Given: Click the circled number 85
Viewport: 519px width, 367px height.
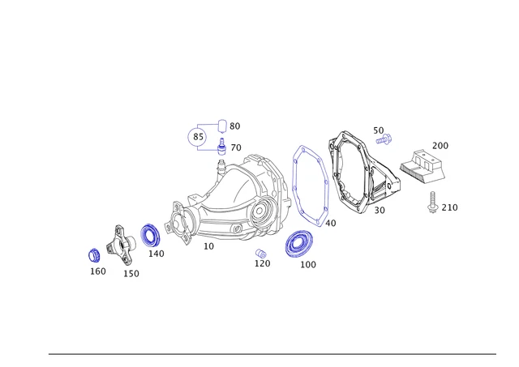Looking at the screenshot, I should pos(199,137).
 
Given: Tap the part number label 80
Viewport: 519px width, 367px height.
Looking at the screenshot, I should pos(234,126).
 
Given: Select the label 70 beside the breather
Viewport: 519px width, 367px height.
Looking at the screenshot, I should pos(235,148).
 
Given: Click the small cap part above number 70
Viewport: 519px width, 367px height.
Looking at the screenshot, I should pos(221,126).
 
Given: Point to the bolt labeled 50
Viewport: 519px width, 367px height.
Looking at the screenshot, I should pos(384,140).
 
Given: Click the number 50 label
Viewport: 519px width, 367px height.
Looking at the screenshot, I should pos(379,130).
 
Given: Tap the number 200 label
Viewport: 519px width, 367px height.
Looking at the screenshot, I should pos(440,146).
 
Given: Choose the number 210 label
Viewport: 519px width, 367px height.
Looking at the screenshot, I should pos(449,207).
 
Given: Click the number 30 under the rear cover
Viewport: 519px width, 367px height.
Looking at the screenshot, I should pos(380,211).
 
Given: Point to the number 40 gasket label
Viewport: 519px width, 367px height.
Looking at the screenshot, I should pos(330,223).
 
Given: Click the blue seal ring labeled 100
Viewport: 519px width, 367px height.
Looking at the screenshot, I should pos(298,243).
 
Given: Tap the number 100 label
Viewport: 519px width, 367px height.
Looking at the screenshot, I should pos(308,265).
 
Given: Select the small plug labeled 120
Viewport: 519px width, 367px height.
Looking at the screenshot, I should pos(261,254).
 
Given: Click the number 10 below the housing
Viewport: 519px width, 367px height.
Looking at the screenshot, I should pos(208,246).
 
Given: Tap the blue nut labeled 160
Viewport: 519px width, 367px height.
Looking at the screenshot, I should pos(94,255).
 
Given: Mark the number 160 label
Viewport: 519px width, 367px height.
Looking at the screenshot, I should pos(97,271).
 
